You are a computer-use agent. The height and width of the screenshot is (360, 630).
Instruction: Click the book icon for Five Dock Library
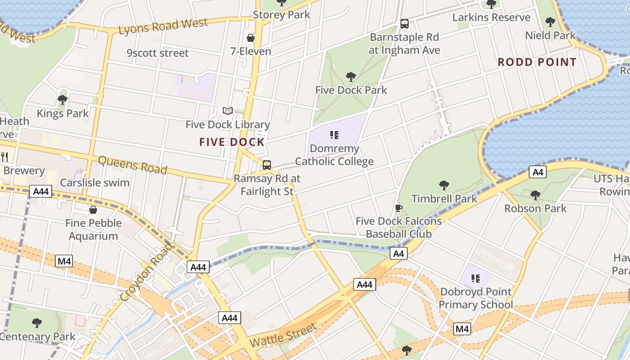(x=228, y=111)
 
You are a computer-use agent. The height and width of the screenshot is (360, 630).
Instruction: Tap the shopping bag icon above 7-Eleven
(x=251, y=38)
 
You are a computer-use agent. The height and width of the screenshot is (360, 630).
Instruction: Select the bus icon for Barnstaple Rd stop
(x=404, y=23)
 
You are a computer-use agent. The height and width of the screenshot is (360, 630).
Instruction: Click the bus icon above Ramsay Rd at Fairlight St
(x=267, y=165)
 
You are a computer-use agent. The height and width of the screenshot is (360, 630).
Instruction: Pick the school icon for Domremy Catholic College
(x=334, y=135)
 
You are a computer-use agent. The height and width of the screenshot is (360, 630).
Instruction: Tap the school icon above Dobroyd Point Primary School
(x=476, y=279)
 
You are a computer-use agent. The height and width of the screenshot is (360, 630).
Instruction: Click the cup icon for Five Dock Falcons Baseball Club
(x=398, y=208)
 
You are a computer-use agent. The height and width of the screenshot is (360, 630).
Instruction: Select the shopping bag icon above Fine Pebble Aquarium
(x=93, y=210)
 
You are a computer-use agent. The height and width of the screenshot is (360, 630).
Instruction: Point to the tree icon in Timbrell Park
(x=444, y=185)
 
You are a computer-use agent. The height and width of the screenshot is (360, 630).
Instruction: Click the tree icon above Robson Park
(x=535, y=195)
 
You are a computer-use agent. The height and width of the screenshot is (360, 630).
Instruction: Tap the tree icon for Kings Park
(x=63, y=99)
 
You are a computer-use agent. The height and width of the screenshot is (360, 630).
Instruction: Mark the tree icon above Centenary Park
(x=37, y=323)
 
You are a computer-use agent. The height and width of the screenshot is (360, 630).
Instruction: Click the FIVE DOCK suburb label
(x=232, y=142)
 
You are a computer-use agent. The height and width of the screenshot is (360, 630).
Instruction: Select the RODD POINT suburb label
(x=537, y=62)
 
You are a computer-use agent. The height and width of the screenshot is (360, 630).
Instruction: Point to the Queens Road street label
(x=132, y=165)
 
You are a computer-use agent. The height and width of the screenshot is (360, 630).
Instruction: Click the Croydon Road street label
(x=147, y=272)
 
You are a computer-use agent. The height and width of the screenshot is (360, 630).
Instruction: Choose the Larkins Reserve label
(x=491, y=18)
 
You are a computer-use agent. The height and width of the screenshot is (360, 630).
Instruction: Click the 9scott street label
(x=157, y=53)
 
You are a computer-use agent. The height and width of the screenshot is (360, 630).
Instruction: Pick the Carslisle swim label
(x=94, y=183)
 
